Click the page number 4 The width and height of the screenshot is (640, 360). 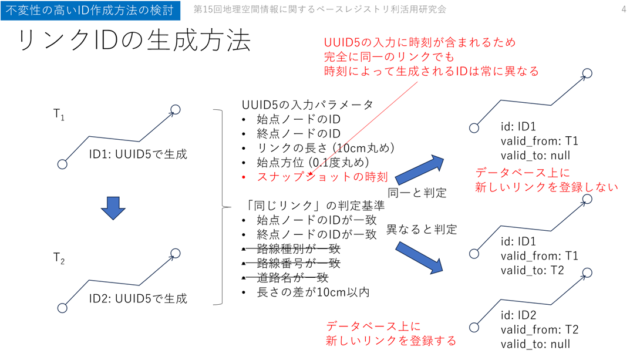(x=624, y=9)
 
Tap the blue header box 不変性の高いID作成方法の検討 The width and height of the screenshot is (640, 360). (x=89, y=10)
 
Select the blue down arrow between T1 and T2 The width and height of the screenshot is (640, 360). (x=113, y=208)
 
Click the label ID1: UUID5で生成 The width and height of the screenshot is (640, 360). (x=138, y=154)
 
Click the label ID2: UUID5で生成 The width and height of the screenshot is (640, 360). (x=138, y=298)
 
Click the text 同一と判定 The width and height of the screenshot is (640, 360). (x=417, y=192)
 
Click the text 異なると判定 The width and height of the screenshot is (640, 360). (x=422, y=230)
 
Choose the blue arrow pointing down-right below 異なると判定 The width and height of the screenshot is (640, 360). (x=419, y=256)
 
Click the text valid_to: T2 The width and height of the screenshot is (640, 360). (x=532, y=270)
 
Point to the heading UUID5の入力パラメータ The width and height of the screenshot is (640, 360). (x=308, y=105)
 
